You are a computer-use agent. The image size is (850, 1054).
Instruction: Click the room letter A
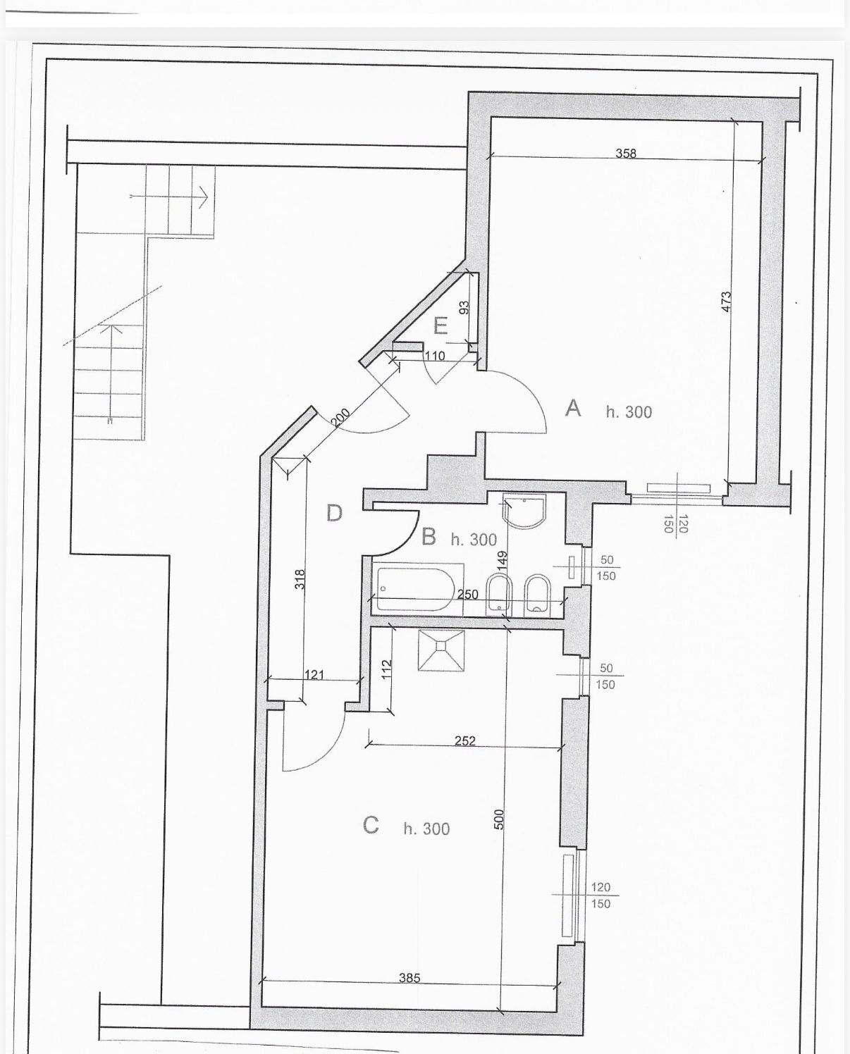pos(573,408)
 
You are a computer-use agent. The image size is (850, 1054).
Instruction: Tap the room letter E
pos(441,327)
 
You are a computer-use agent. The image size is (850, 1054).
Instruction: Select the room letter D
pos(334,513)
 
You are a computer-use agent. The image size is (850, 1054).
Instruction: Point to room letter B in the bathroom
pos(429,538)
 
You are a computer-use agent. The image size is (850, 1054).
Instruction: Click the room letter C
pos(371,825)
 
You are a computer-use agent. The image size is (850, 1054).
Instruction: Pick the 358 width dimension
pos(626,153)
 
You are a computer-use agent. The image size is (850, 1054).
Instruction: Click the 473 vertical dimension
pos(727,302)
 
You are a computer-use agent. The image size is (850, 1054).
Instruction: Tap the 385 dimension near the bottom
pos(409,978)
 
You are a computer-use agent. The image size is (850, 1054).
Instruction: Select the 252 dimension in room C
pos(465,740)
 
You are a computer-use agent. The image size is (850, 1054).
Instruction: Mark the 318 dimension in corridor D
pos(300,579)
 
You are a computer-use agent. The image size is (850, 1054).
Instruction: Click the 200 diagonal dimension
pos(340,418)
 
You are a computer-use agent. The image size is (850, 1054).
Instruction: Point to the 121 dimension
pos(314,675)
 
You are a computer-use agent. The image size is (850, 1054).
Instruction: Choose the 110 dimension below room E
pos(435,356)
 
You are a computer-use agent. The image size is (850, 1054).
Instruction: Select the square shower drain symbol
pos(441,648)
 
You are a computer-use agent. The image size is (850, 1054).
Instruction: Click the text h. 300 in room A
pos(629,412)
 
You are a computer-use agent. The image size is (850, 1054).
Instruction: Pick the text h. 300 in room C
pos(426,829)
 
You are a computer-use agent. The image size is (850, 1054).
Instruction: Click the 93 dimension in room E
pos(464,309)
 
